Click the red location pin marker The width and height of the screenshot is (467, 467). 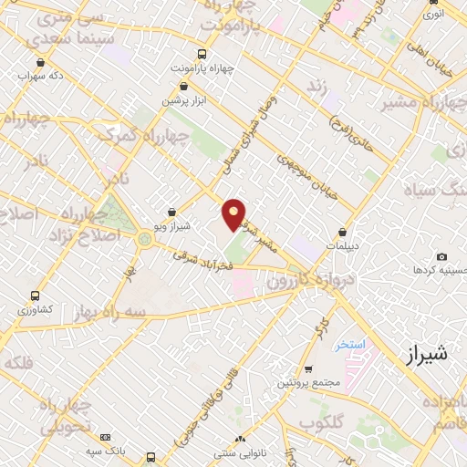point(234,213)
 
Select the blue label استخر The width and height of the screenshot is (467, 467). point(350,345)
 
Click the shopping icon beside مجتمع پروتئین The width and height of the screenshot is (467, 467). point(307,369)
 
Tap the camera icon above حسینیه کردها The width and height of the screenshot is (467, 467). point(441,257)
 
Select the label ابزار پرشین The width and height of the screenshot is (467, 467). point(185,100)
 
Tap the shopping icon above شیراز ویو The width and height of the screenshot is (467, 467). point(172,213)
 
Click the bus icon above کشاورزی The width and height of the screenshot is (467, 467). point(35,296)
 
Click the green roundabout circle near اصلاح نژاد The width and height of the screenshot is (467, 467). point(144,239)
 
